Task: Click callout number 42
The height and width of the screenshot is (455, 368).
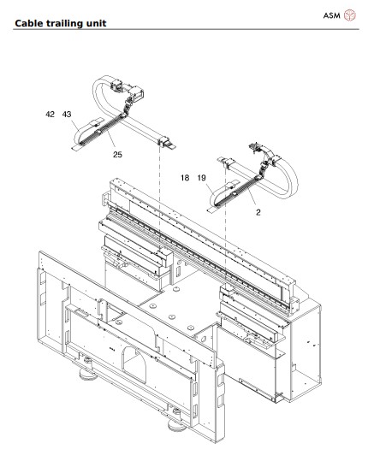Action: (x=50, y=114)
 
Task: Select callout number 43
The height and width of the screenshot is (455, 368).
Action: (x=67, y=114)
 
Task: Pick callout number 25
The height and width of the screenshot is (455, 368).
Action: (x=116, y=155)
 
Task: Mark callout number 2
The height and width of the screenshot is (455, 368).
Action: (x=257, y=210)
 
